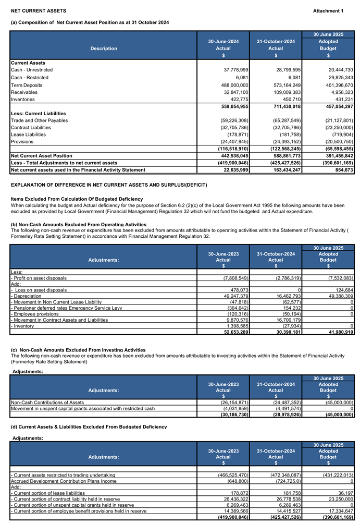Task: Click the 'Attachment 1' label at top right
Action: click(328, 11)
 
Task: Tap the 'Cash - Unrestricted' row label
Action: click(32, 70)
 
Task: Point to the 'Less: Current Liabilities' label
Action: click(39, 113)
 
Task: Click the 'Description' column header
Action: click(104, 48)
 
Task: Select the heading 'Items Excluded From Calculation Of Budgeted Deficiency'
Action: click(77, 199)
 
